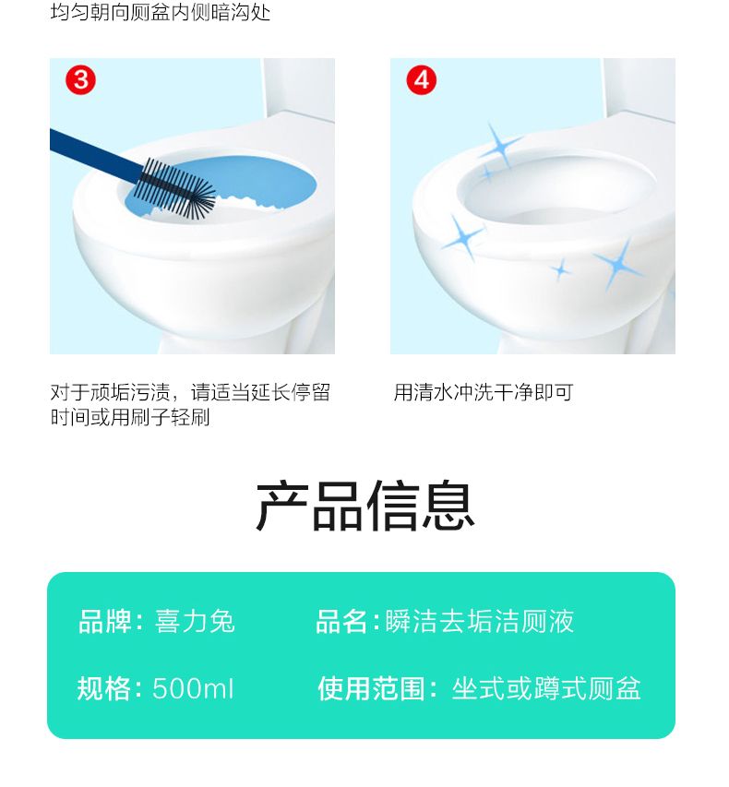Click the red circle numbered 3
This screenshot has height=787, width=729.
pyautogui.click(x=80, y=80)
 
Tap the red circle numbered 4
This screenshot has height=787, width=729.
pyautogui.click(x=421, y=80)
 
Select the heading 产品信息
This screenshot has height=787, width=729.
pyautogui.click(x=365, y=506)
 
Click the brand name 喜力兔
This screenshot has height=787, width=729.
pyautogui.click(x=195, y=621)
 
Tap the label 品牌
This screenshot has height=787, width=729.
pyautogui.click(x=105, y=621)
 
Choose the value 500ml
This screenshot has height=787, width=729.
pyautogui.click(x=193, y=688)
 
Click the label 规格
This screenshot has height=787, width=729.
pyautogui.click(x=104, y=688)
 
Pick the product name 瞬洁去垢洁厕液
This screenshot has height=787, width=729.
pyautogui.click(x=480, y=621)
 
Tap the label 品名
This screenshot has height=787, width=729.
pyautogui.click(x=341, y=621)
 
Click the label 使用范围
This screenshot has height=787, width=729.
pyautogui.click(x=372, y=688)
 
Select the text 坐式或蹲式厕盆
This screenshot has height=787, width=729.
pyautogui.click(x=546, y=688)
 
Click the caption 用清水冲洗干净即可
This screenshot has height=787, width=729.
pyautogui.click(x=484, y=392)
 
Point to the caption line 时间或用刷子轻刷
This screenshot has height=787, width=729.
pyautogui.click(x=130, y=417)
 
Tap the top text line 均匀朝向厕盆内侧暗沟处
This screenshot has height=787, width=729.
pyautogui.click(x=161, y=12)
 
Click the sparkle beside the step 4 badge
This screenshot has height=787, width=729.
pyautogui.click(x=499, y=147)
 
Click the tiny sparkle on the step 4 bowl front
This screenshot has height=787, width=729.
pyautogui.click(x=561, y=270)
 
